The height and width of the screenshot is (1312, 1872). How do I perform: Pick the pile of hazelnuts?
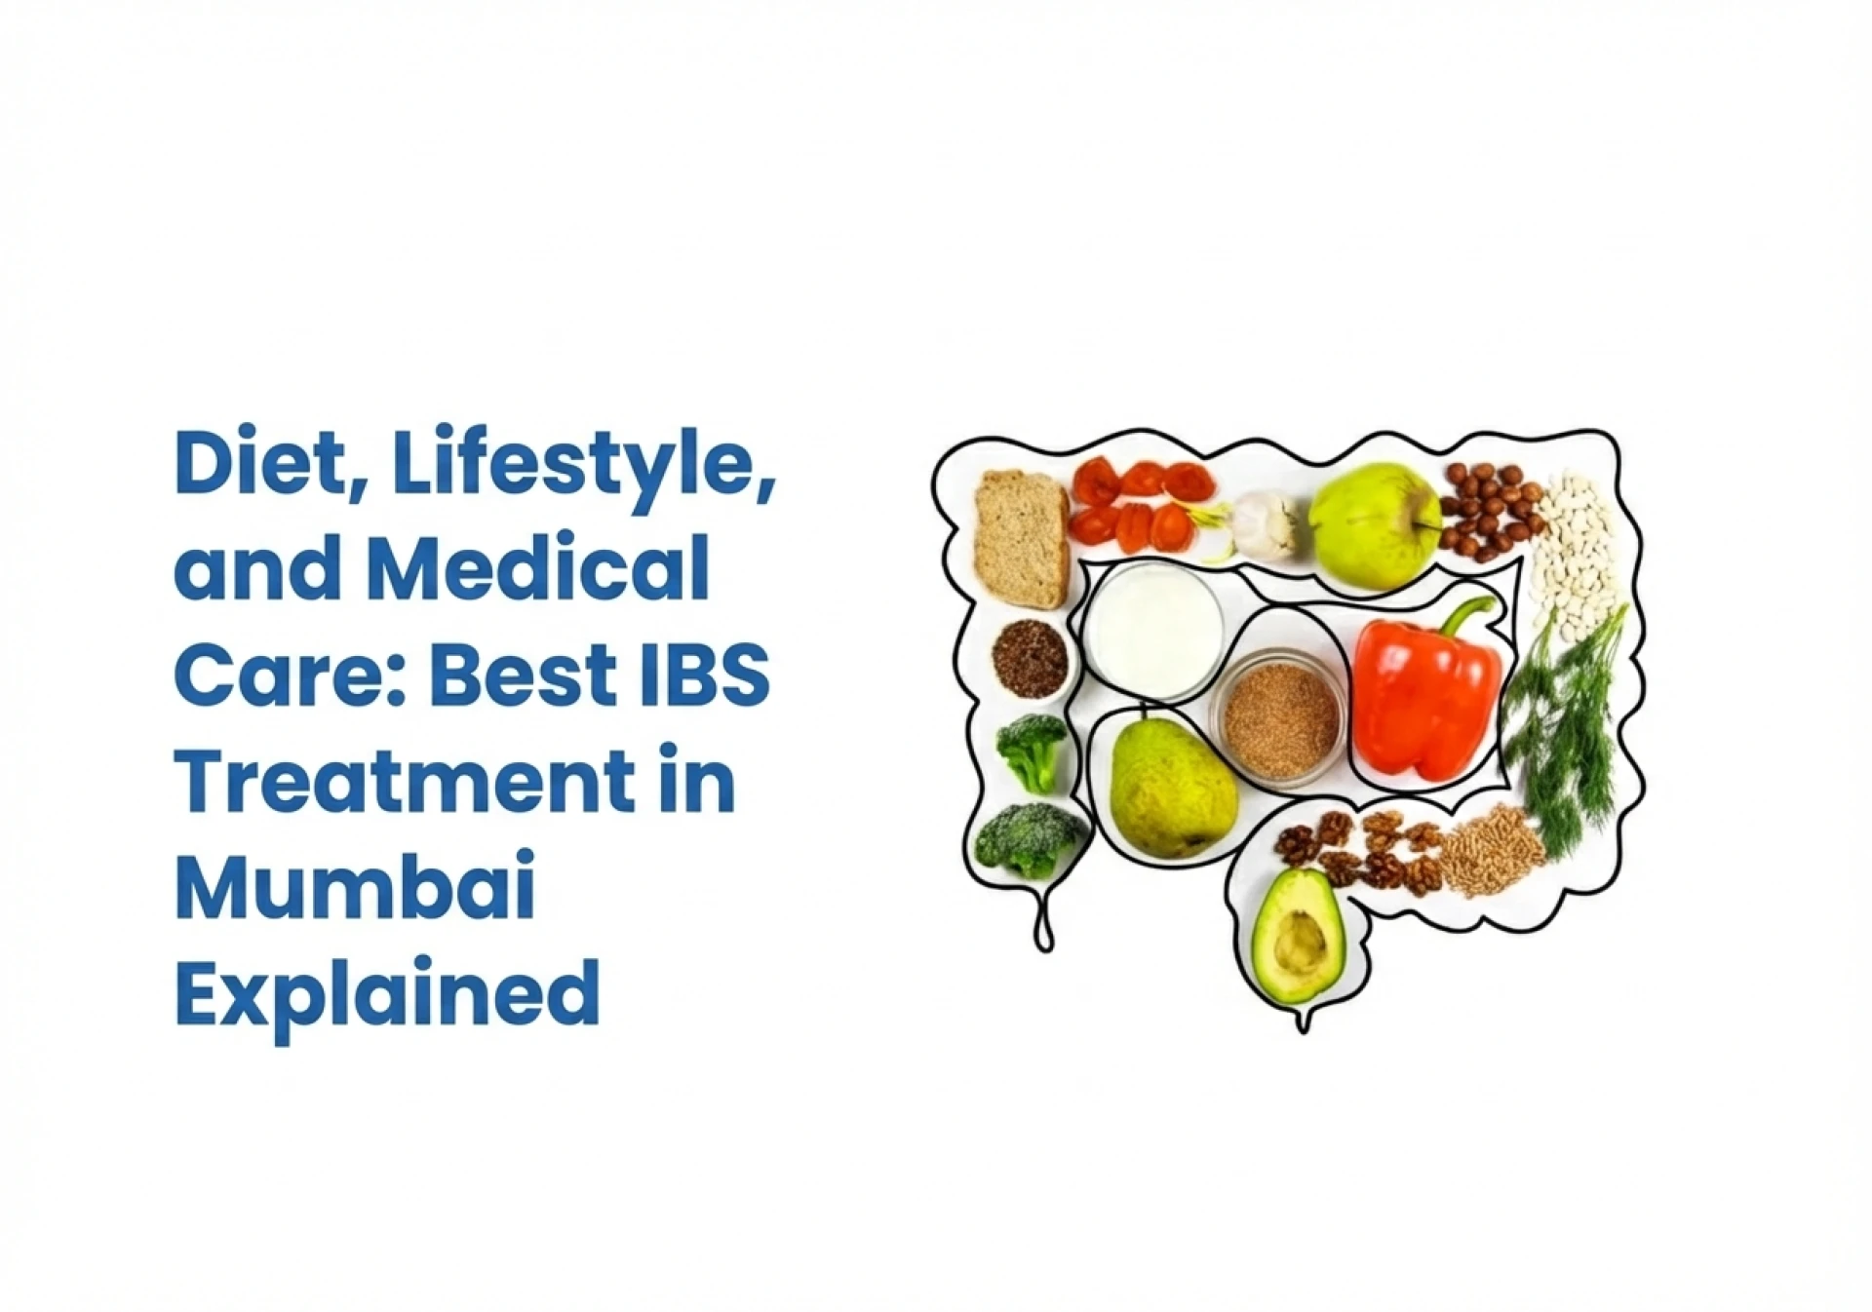(x=1490, y=511)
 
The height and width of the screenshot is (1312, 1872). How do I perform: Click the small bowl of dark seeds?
(x=1031, y=657)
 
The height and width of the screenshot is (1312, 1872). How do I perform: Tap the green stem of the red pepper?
(x=1472, y=616)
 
